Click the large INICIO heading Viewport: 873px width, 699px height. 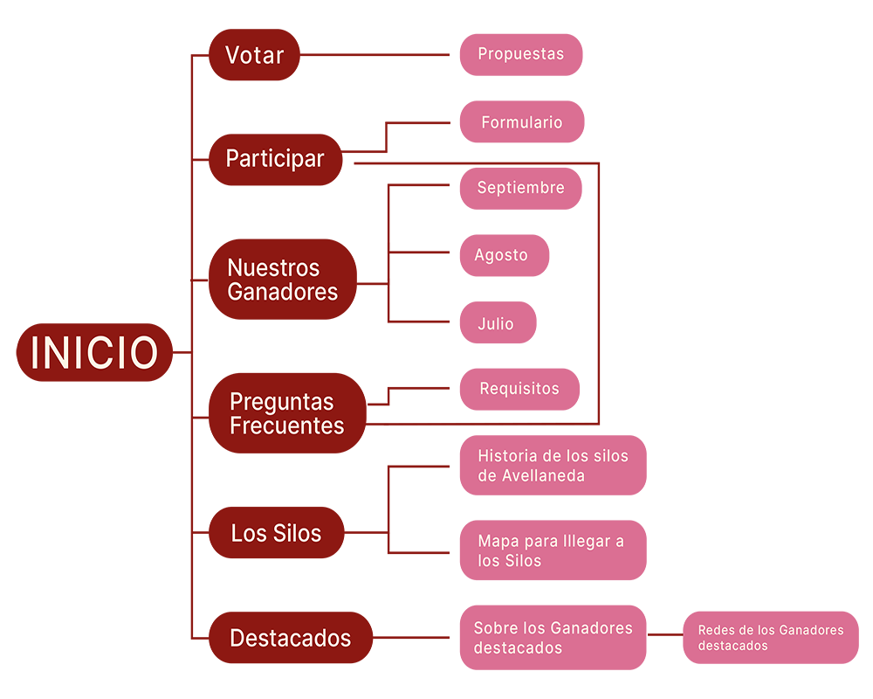(x=94, y=353)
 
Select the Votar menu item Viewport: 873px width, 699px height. (x=254, y=55)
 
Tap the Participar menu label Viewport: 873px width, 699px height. (x=274, y=158)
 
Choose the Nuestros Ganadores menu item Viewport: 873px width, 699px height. (x=282, y=280)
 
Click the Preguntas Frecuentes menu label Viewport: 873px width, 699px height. (x=286, y=413)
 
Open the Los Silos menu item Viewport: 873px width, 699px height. (x=276, y=533)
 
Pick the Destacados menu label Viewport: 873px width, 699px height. (x=290, y=639)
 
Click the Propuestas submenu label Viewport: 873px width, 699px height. (x=520, y=54)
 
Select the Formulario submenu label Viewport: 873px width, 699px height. (x=521, y=123)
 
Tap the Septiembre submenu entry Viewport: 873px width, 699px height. (x=520, y=188)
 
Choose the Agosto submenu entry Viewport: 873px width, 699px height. (x=501, y=255)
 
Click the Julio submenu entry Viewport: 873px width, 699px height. (x=495, y=324)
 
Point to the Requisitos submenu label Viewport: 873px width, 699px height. (x=519, y=389)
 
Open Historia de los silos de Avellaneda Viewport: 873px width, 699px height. (x=553, y=466)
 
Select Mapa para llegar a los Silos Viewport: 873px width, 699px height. (x=551, y=550)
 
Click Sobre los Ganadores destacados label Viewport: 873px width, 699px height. (x=553, y=638)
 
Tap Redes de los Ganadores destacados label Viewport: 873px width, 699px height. (x=770, y=638)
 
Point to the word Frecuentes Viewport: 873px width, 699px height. (x=286, y=426)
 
